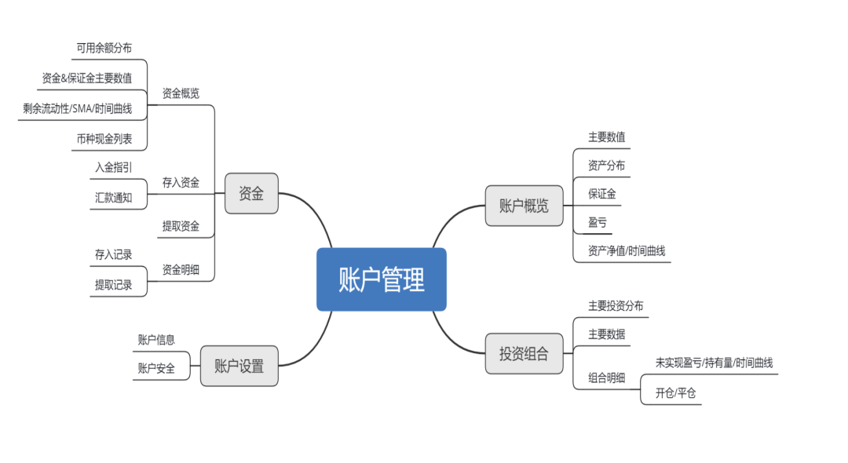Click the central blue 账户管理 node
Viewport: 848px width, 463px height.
[381, 279]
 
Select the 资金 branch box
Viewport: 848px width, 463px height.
[251, 193]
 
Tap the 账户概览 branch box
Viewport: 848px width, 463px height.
[524, 206]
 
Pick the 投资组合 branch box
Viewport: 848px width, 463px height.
[524, 353]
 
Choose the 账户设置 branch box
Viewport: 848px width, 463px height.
[239, 366]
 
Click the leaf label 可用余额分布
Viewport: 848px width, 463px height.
[104, 48]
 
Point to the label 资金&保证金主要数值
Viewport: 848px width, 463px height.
[86, 78]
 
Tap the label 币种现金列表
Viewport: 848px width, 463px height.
[104, 139]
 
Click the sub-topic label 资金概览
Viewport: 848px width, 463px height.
[181, 93]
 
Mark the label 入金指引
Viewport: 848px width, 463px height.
[113, 167]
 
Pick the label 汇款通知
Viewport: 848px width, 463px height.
[113, 197]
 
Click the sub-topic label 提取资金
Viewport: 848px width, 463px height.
[181, 226]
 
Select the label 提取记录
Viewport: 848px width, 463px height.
[113, 285]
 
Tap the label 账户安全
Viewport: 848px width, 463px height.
[156, 368]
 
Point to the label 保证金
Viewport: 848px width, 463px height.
[602, 194]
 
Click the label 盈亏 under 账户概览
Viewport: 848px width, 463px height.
[598, 222]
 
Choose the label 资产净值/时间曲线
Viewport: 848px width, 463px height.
[627, 251]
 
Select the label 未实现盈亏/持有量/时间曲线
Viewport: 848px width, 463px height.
[714, 363]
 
